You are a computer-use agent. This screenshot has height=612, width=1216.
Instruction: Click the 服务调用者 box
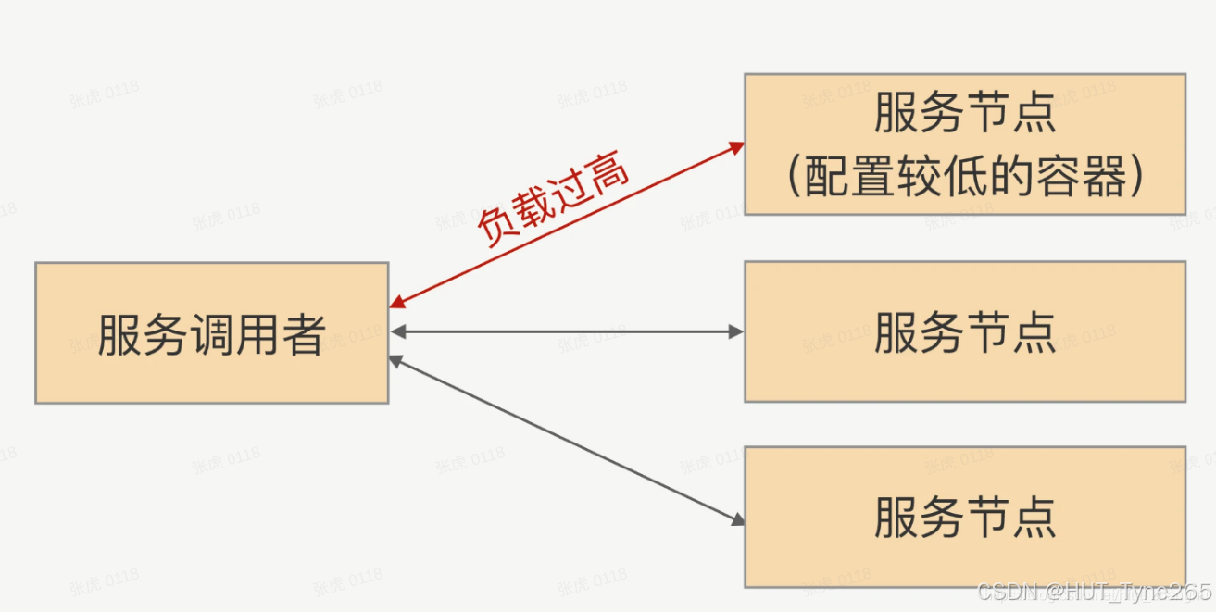coord(211,332)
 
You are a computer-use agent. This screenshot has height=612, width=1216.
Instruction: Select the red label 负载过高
coord(554,199)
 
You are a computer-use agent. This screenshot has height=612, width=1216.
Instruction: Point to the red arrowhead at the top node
coord(737,145)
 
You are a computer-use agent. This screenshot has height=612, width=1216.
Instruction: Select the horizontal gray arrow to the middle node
coord(567,331)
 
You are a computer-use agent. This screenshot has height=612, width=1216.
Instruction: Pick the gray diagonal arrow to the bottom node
coord(567,439)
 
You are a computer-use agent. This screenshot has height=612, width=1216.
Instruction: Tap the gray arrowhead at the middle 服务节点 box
coord(737,331)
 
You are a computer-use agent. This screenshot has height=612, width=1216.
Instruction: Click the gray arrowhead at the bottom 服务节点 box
coord(737,519)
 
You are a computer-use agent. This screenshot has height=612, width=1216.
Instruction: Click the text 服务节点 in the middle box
coord(964,332)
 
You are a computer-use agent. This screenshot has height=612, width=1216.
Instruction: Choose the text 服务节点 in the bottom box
coord(964,518)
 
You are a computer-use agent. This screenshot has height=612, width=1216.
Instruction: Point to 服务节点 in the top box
coord(964,115)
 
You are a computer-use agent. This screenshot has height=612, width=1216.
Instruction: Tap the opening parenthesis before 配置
coord(795,177)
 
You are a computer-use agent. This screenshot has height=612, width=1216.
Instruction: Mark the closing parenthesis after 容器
coord(1135,177)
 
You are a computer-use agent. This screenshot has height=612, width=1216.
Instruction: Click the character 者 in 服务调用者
coord(303,333)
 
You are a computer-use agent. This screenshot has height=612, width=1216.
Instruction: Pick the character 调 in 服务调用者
coord(211,333)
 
